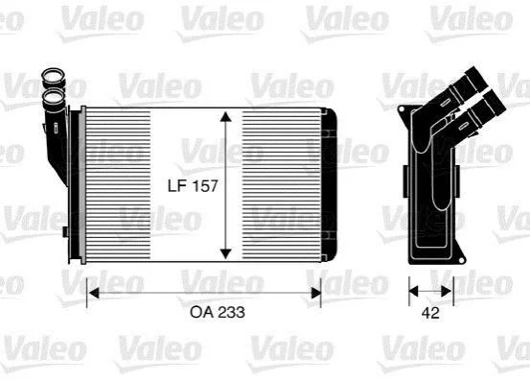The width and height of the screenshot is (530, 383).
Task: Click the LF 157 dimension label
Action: click(x=193, y=186)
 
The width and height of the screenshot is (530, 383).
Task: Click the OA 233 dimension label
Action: click(x=218, y=312)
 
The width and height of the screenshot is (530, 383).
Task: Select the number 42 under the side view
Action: click(x=430, y=313)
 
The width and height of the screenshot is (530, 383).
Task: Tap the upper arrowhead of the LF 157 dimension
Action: click(x=225, y=116)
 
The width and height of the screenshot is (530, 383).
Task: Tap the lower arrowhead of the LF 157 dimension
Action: click(x=225, y=253)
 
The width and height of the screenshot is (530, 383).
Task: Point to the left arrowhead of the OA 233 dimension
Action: click(x=93, y=294)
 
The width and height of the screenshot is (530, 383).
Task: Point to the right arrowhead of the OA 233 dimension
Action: click(x=315, y=294)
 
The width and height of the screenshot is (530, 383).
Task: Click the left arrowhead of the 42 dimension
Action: click(x=413, y=291)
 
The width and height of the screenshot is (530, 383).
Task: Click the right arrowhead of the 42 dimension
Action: click(x=447, y=291)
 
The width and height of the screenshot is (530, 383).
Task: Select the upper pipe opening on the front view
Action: click(x=53, y=76)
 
